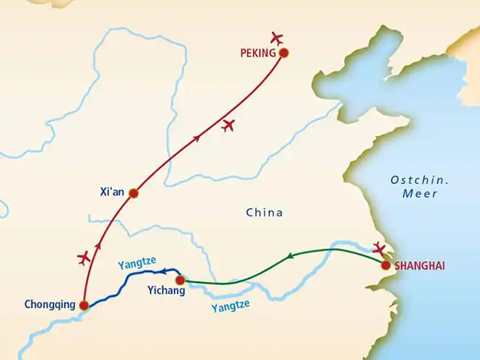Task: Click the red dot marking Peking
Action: point(284,52)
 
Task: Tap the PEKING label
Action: point(258,53)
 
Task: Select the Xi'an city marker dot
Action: point(133,193)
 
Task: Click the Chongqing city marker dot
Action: point(84,305)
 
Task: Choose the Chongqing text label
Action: point(49,305)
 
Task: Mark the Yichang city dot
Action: point(180,279)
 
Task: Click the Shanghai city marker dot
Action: point(385,265)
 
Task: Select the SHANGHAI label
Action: point(420,266)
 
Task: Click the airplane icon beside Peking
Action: point(276,38)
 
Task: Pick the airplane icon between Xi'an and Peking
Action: point(229,125)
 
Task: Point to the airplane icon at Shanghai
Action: point(379,249)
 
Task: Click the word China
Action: point(264,213)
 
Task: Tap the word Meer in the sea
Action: point(420,194)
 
